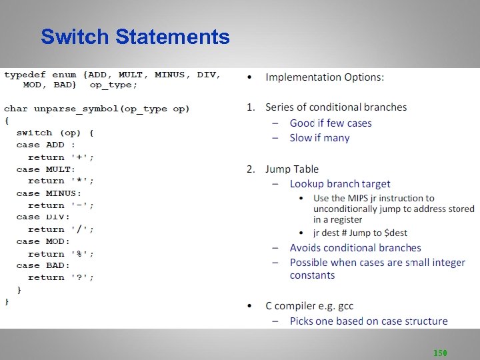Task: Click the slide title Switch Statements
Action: click(135, 37)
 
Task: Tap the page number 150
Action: click(440, 353)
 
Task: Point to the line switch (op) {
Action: click(55, 133)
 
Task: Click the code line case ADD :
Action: click(45, 145)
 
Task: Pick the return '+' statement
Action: click(61, 157)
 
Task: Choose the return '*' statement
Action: click(61, 181)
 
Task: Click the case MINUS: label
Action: click(49, 193)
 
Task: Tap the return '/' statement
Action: click(61, 229)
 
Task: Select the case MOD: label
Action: click(43, 241)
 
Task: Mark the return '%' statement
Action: click(61, 254)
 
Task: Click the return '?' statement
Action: click(61, 278)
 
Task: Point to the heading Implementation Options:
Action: click(325, 77)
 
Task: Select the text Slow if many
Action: click(319, 138)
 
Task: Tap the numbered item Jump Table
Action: click(292, 169)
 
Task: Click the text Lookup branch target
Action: click(340, 184)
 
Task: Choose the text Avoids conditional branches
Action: click(355, 248)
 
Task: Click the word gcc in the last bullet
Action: click(345, 306)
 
